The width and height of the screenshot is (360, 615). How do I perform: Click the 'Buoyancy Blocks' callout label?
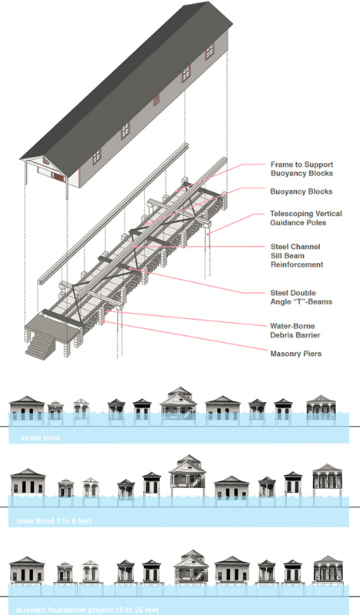pos(301,191)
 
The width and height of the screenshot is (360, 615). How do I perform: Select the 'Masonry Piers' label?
pos(295,354)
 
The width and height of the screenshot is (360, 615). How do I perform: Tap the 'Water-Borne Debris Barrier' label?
pos(295,331)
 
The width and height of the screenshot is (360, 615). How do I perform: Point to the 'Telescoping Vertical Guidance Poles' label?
pos(306,218)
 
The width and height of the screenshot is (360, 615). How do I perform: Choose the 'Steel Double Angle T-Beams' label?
pos(301,298)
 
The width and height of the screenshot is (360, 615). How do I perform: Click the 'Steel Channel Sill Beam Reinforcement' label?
pos(297,256)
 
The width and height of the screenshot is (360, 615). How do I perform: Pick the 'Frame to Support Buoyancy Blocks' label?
pos(302,169)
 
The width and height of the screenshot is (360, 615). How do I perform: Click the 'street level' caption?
pos(40,437)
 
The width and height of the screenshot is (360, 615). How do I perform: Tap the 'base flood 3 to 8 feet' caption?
pos(54,521)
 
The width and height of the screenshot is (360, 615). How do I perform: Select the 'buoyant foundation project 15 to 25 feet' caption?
pos(88,610)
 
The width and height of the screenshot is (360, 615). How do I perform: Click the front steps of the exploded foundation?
pos(38,346)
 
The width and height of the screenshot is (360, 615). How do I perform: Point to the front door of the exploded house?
pos(58,177)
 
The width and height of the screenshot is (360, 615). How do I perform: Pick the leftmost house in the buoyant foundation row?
pos(27,570)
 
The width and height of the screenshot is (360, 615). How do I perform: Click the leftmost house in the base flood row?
pos(28,484)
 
